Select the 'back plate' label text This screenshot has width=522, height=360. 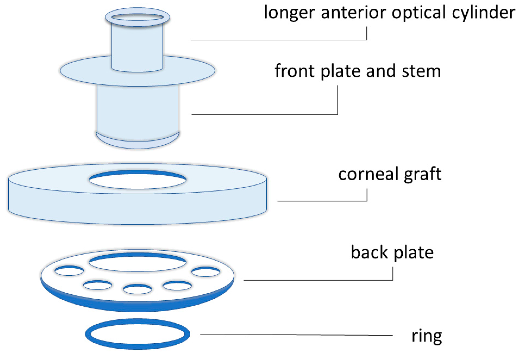click(392, 252)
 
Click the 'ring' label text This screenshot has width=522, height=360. click(427, 336)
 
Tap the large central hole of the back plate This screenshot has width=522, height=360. click(137, 263)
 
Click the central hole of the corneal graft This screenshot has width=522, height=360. click(137, 181)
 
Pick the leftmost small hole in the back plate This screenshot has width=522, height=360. click(69, 271)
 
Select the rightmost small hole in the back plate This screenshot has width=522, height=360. click(206, 272)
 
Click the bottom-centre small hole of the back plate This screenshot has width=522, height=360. click(137, 289)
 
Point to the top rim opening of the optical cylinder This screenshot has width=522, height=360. click(137, 17)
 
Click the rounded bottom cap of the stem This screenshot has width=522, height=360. click(137, 144)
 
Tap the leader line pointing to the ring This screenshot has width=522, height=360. click(295, 335)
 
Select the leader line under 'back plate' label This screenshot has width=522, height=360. click(318, 280)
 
